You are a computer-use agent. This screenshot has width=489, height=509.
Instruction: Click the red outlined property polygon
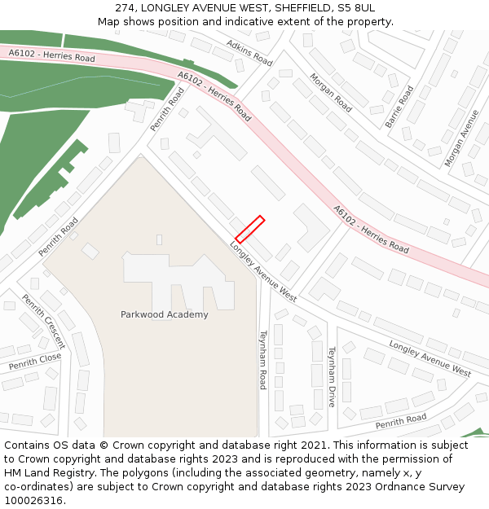click(249, 230)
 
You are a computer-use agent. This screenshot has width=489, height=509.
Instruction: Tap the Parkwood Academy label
click(164, 314)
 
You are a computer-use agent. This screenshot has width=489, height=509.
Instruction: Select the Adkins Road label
click(249, 52)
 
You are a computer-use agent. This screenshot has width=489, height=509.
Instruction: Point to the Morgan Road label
click(330, 92)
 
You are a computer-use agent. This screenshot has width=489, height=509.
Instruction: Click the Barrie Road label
click(399, 107)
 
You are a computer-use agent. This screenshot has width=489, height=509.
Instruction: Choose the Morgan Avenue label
click(462, 138)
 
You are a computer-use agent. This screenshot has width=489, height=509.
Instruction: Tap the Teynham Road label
click(262, 359)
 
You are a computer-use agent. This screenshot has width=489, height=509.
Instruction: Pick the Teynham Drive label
click(332, 376)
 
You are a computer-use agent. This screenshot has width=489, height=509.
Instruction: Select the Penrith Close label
click(35, 362)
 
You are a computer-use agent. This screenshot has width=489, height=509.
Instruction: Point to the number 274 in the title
click(126, 7)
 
